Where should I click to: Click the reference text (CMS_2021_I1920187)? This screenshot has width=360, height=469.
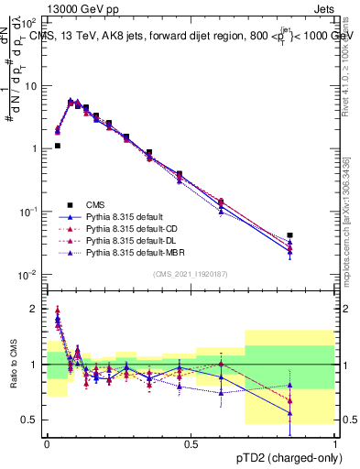[190, 274]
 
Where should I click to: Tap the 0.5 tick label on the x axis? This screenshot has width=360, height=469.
[191, 443]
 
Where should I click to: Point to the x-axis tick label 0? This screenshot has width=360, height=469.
[47, 443]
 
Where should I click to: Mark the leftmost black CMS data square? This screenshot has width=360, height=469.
[57, 145]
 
